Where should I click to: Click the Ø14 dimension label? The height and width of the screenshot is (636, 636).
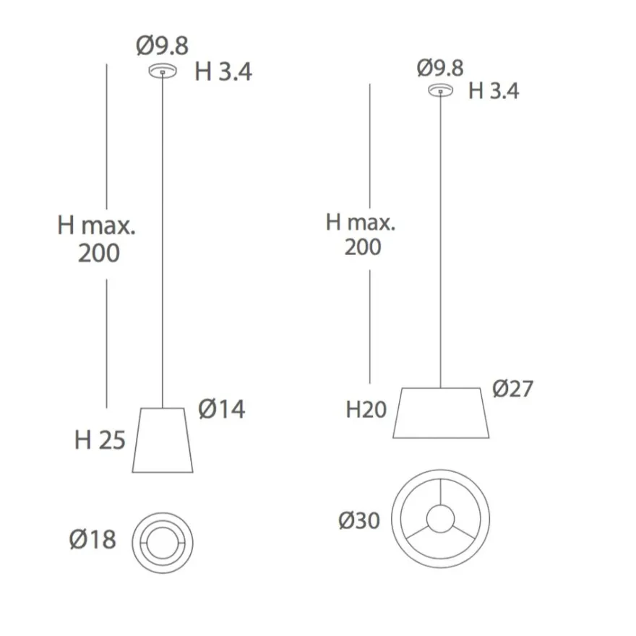221,409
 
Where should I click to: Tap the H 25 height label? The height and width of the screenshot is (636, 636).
100,439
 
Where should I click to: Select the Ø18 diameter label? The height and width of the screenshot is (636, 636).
93,539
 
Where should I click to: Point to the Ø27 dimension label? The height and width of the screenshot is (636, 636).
512,389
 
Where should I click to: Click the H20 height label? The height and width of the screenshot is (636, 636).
366,410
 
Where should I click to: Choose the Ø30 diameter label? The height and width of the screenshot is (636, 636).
359,520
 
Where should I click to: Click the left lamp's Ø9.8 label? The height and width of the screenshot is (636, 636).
162,46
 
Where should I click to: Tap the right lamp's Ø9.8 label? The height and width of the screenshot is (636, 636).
440,68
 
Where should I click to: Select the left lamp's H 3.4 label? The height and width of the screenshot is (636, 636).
223,72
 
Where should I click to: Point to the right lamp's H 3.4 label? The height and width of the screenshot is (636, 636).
494,91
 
